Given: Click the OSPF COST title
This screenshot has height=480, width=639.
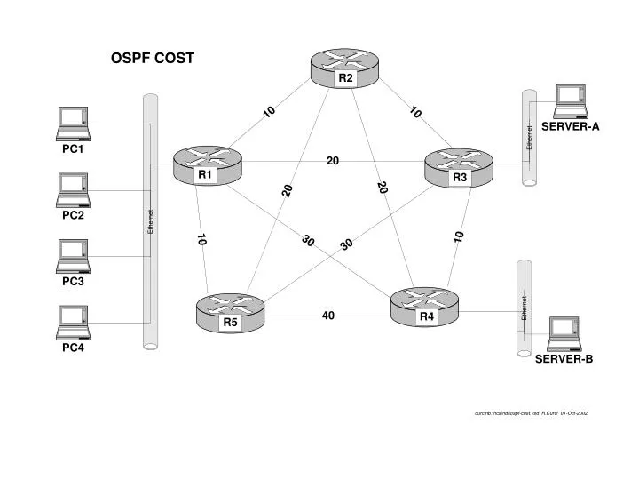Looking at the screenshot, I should [152, 59].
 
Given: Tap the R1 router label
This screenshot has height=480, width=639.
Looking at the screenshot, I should [206, 175].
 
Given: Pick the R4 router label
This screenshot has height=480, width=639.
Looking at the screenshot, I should [427, 316].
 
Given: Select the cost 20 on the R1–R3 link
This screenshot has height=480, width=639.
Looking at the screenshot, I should [333, 161].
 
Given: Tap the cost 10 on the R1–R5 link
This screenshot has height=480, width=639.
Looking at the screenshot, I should [201, 240].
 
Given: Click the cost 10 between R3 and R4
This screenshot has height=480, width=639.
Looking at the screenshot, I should [459, 236].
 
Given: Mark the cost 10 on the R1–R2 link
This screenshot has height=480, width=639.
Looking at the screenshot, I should [269, 111].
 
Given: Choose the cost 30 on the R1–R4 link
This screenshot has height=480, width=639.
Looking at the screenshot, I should [309, 242].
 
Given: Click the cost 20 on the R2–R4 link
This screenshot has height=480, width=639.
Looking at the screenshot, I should [383, 188].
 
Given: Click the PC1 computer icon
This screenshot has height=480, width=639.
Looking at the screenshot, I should [73, 123].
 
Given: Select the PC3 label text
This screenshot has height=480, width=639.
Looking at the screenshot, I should [73, 282].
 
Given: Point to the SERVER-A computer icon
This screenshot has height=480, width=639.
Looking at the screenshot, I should [570, 101].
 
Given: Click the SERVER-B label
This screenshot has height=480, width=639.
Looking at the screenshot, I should [564, 359].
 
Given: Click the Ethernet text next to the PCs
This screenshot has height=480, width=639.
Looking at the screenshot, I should [151, 223].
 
